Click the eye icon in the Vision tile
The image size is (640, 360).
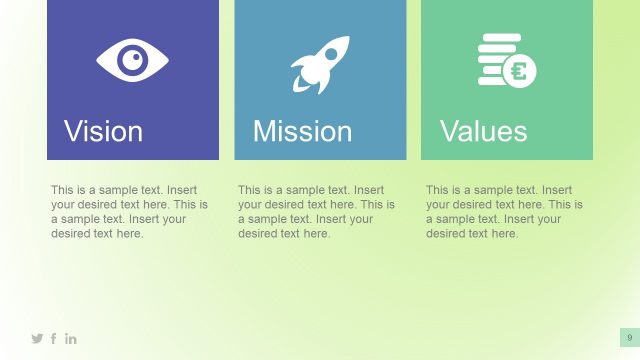point(132,60)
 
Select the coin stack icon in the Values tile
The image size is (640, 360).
point(506,62)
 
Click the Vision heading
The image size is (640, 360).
point(104,132)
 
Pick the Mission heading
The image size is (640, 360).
point(302,132)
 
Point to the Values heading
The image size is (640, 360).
point(483,132)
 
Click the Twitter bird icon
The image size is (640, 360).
point(38,339)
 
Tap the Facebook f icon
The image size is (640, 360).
point(54,339)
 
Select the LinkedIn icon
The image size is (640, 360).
point(71,339)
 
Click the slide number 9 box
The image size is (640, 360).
point(629,338)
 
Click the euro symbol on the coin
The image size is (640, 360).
point(519,72)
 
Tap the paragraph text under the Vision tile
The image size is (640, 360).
point(130,211)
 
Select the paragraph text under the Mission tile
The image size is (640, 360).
point(317,211)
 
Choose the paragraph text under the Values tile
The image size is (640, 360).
point(505,211)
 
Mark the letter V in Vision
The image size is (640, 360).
point(74,132)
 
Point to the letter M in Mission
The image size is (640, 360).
point(265,132)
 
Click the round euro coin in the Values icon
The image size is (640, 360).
point(519,72)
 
